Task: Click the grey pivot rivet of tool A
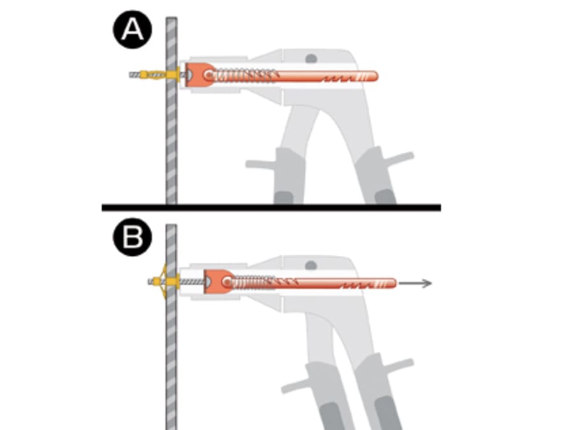pos(311,58)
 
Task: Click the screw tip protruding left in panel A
pos(134,75)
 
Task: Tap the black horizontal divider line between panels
pos(271,207)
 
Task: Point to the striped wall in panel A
pos(171,140)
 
